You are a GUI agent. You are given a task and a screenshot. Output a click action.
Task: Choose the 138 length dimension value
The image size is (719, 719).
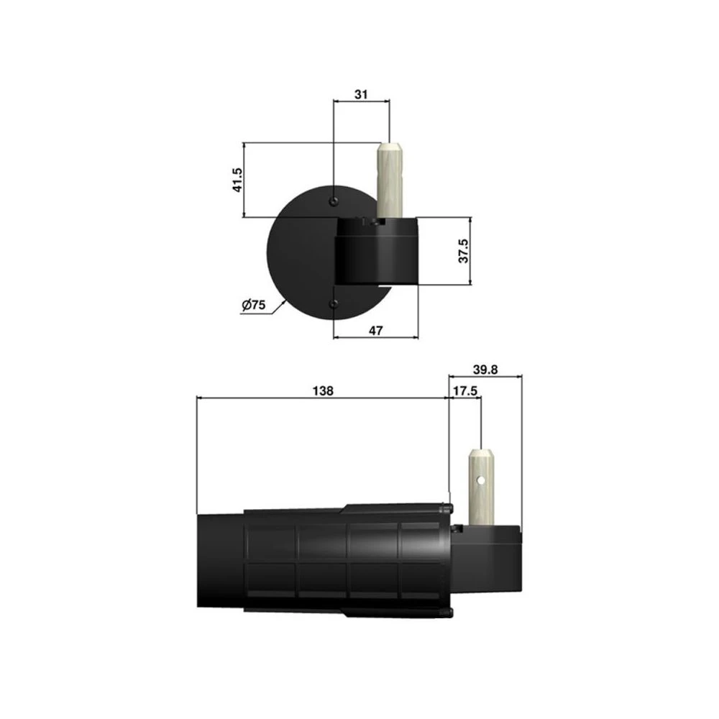pyautogui.click(x=324, y=391)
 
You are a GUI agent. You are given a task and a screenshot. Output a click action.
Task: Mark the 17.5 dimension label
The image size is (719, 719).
pyautogui.click(x=466, y=391)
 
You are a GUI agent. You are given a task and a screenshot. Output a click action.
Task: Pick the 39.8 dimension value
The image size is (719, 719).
pyautogui.click(x=486, y=370)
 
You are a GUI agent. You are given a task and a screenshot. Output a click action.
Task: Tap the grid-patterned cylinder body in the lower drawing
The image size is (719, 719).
pyautogui.click(x=345, y=561)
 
